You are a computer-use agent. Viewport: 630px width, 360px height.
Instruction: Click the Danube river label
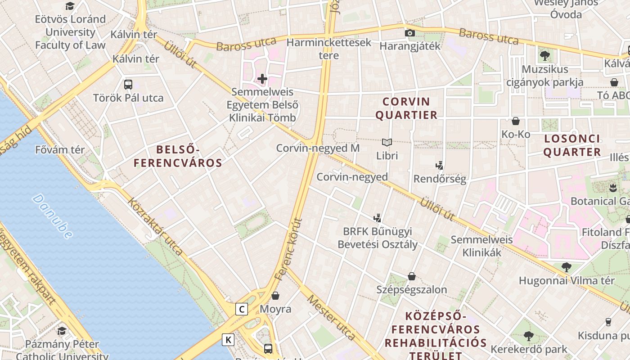pos(52,216)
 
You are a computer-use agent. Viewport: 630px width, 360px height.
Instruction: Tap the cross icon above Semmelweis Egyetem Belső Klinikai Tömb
pos(262,79)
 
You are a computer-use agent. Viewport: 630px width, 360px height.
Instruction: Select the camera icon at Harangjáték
pos(409,33)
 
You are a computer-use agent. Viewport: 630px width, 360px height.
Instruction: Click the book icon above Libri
pos(387,143)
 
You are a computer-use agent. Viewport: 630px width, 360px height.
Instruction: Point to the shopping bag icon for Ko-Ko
pos(516,121)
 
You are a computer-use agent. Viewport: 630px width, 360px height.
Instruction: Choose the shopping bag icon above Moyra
pos(275,296)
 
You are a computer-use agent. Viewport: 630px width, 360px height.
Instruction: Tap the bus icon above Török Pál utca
pos(128,84)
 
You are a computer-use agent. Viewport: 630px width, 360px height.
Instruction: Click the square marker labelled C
pos(242,309)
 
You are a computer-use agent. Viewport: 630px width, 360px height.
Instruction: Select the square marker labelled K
pos(228,340)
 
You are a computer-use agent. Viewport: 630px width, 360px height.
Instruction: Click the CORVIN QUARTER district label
pos(406,108)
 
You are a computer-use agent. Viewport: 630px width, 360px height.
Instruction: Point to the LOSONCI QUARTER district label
pos(572,145)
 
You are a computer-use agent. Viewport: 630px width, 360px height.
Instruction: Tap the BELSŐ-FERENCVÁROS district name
pos(178,156)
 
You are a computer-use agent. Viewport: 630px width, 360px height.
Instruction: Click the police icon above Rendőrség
pos(440,166)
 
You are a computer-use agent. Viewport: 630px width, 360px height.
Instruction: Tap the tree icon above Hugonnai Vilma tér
pos(566,267)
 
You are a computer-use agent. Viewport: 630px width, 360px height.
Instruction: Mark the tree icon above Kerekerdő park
pos(529,336)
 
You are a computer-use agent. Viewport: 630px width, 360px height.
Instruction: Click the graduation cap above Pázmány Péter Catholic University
pos(62,331)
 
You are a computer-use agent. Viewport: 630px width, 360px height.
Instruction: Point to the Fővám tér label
pos(60,149)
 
